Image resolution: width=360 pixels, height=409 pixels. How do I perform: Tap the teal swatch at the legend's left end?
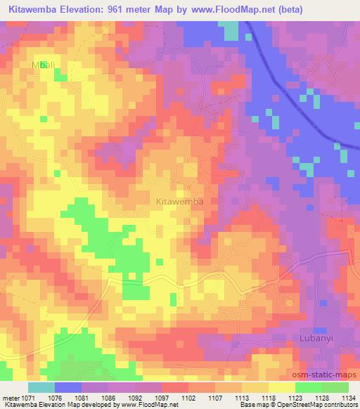click(41, 387)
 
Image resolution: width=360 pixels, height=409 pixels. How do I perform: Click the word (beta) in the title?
click(304, 9)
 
